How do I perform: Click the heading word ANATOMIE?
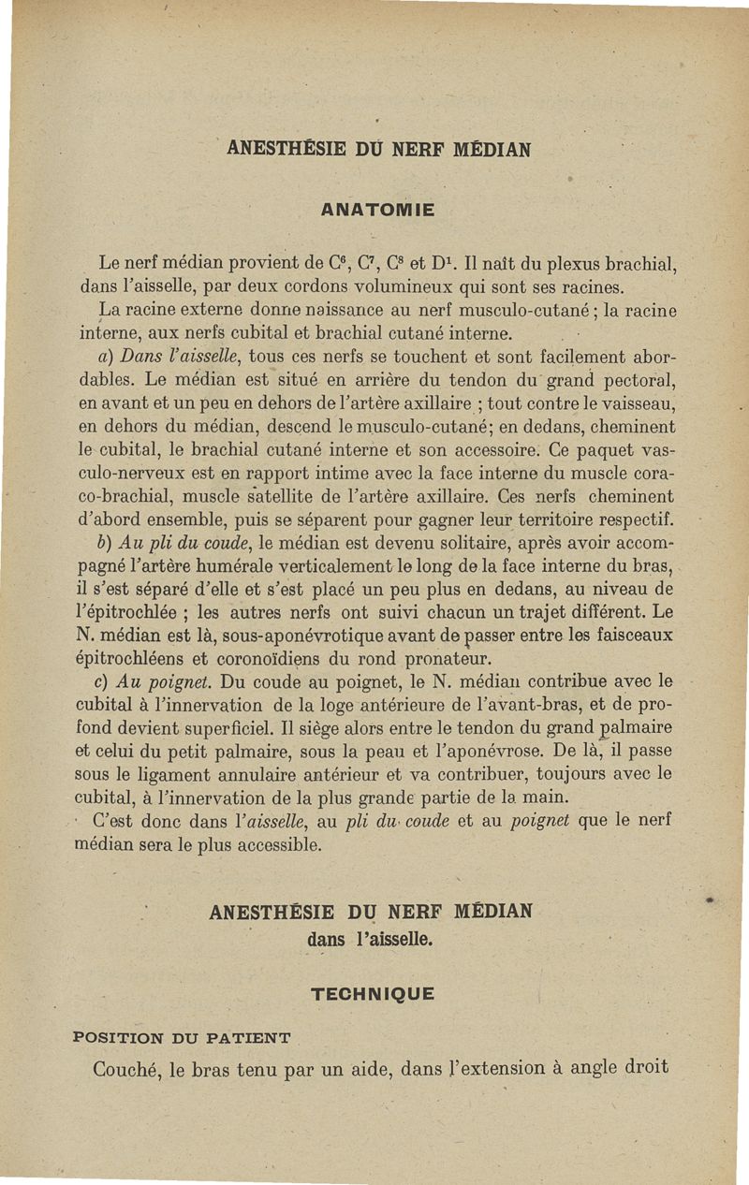[377, 211]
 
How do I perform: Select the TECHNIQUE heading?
[373, 994]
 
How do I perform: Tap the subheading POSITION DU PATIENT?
[182, 1037]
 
